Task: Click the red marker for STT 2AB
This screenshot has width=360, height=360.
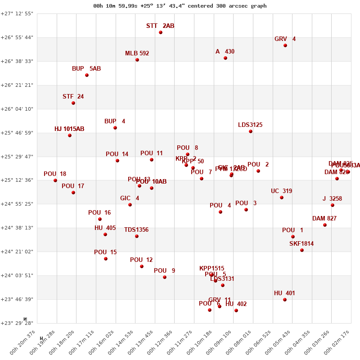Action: click(x=161, y=32)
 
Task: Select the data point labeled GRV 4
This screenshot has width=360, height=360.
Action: click(x=285, y=45)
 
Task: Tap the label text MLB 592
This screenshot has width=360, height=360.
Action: click(x=137, y=54)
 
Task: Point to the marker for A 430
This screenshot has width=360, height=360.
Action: click(x=225, y=58)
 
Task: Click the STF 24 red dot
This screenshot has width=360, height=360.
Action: click(x=73, y=103)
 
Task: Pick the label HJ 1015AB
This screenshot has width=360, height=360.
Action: click(x=69, y=129)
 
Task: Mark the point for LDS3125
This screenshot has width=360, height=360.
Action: click(x=251, y=131)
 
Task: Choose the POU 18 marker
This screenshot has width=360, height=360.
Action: click(x=55, y=180)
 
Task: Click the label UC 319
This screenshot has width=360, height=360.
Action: click(x=281, y=191)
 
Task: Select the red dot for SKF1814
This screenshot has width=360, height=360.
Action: click(x=302, y=250)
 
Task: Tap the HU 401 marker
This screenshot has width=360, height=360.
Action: click(x=285, y=300)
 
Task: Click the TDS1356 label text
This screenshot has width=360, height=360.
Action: click(x=136, y=230)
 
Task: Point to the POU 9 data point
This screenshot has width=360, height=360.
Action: click(x=165, y=277)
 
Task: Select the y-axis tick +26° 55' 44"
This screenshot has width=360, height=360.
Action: click(x=17, y=37)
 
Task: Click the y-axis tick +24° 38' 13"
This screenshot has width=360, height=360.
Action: click(x=17, y=228)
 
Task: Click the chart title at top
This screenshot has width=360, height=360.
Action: click(x=180, y=6)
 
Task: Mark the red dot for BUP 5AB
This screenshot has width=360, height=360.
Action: click(x=87, y=75)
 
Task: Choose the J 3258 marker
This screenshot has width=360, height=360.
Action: click(x=333, y=205)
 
